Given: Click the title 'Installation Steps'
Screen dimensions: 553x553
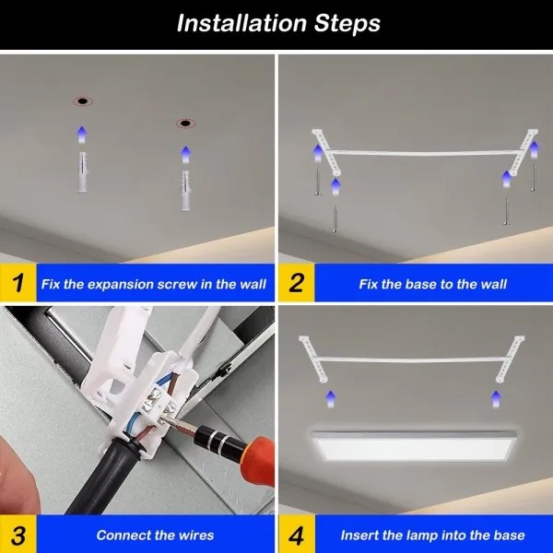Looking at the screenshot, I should pos(277,23).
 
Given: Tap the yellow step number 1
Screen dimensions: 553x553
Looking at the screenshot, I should pos(16,284).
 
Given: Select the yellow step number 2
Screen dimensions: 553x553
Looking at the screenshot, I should pos(296,284).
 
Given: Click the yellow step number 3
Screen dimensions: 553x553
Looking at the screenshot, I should pos(16,535).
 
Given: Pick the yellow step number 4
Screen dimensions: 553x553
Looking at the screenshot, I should pos(296,535).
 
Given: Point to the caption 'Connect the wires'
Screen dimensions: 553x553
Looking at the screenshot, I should pos(155,535).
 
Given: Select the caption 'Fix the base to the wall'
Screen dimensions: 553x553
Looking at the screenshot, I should pos(432,284).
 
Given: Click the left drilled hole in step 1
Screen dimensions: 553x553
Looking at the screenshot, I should pos(81,100).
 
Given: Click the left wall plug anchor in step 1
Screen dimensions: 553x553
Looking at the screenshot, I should pos(81,171).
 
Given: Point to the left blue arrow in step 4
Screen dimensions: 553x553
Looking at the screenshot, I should pos(331,397).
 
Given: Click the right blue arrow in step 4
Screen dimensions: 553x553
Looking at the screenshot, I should pos(494,399).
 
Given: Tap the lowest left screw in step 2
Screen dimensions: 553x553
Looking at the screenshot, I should pos(335,218).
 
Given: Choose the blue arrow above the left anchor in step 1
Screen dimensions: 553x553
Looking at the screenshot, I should pos(81,135).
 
